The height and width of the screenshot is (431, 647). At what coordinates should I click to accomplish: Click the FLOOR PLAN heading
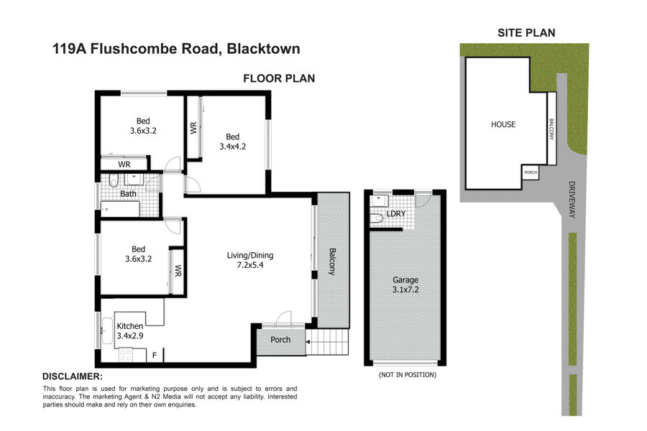click(x=279, y=78)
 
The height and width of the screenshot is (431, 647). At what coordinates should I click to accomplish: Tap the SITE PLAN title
click(x=526, y=33)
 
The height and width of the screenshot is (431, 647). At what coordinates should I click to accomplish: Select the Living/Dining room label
click(x=250, y=260)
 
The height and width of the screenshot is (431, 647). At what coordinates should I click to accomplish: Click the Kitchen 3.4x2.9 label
click(x=130, y=330)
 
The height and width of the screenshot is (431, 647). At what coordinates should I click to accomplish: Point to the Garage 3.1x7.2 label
click(x=405, y=284)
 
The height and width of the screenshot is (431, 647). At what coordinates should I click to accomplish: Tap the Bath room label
click(x=129, y=193)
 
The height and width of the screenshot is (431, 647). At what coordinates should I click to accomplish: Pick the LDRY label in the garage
click(x=395, y=213)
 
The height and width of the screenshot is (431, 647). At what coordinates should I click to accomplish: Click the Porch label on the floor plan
click(x=280, y=340)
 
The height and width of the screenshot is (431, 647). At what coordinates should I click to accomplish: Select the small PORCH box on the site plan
click(x=531, y=172)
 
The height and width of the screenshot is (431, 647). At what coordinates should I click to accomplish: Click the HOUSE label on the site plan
click(x=503, y=124)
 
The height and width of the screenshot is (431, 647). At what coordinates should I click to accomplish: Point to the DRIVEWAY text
click(x=572, y=200)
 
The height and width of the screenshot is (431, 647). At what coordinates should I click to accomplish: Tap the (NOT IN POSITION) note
click(x=408, y=375)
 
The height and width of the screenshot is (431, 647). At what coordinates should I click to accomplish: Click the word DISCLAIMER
click(x=72, y=376)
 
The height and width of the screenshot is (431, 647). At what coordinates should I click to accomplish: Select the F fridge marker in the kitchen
click(x=155, y=355)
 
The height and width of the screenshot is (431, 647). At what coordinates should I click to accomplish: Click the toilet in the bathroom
click(x=114, y=181)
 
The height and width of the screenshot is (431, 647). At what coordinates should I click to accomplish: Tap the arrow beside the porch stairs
click(x=308, y=341)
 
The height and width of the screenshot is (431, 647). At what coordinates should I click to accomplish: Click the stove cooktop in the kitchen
click(x=125, y=355)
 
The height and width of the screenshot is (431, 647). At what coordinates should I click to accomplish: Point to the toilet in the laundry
click(x=376, y=219)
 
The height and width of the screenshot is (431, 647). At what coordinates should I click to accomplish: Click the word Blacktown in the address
click(x=264, y=49)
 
